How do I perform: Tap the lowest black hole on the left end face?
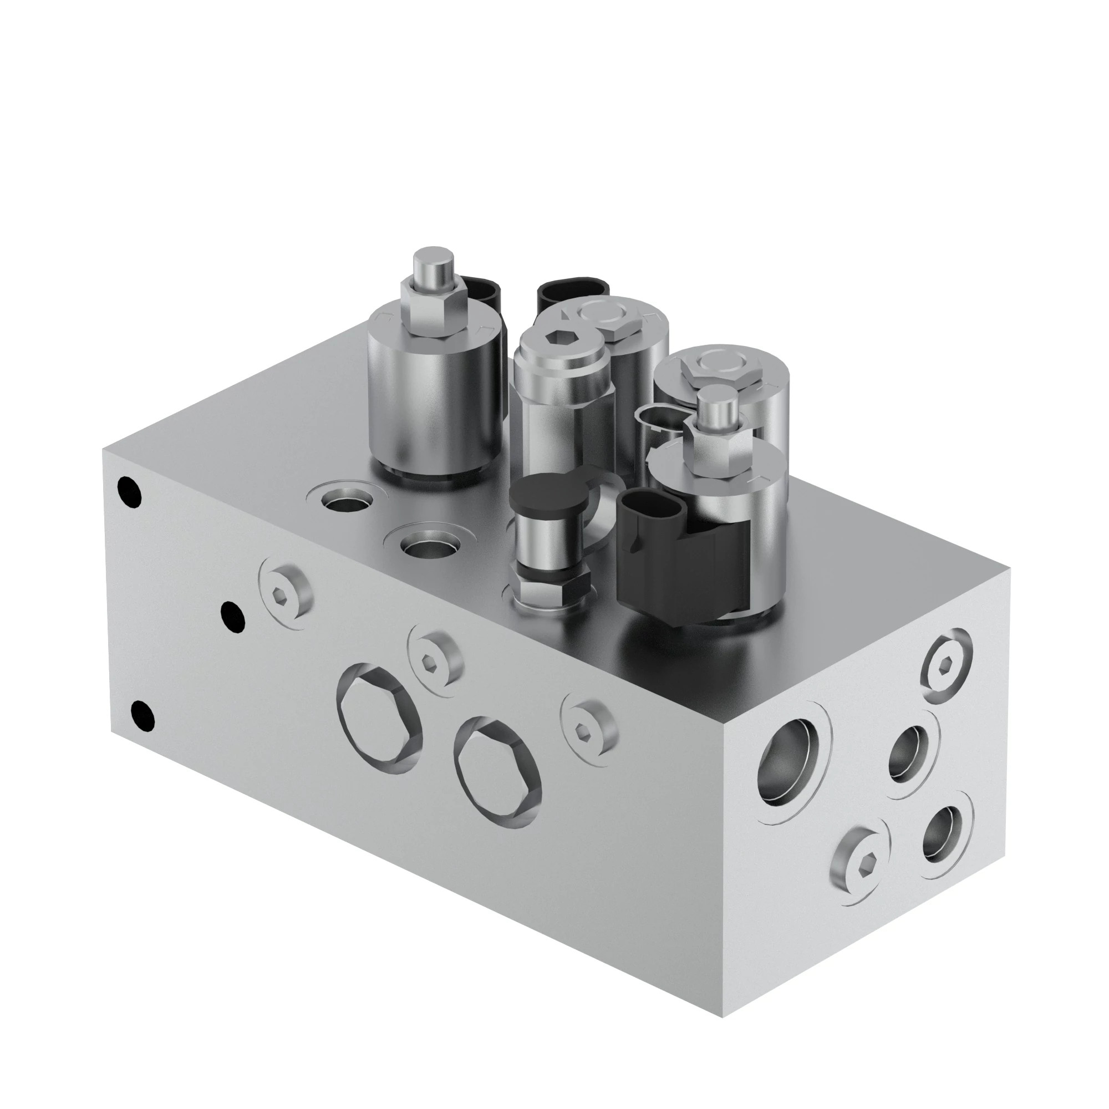click(143, 715)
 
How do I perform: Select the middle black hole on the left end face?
click(232, 616)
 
